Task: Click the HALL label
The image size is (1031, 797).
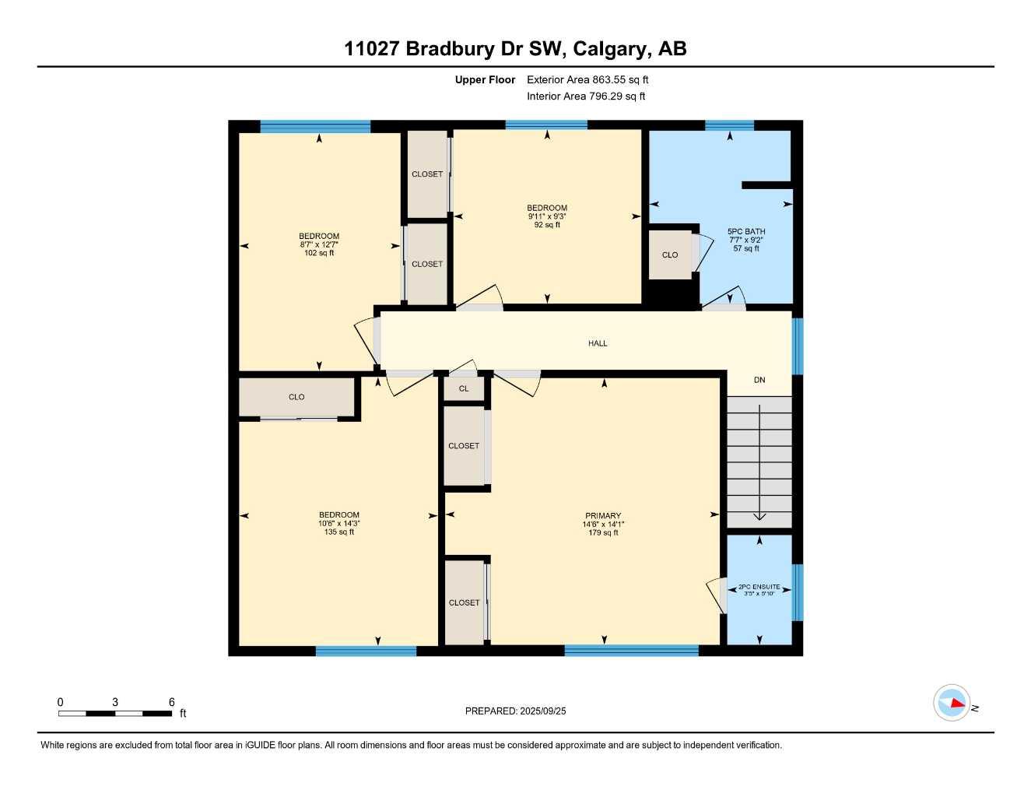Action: click(598, 343)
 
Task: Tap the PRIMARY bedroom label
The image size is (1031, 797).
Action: click(603, 515)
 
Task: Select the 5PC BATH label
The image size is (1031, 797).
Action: click(746, 231)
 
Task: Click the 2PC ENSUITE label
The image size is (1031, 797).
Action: click(759, 587)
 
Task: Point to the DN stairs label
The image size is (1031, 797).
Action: click(759, 380)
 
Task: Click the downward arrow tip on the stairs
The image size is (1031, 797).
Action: click(759, 518)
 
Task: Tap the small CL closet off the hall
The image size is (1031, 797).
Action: click(464, 388)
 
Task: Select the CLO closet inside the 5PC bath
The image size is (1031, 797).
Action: click(670, 255)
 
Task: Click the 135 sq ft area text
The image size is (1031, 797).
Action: click(339, 532)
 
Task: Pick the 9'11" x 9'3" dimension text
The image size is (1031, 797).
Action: click(547, 216)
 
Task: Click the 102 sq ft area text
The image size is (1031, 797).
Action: click(319, 253)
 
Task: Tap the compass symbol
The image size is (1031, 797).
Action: click(952, 703)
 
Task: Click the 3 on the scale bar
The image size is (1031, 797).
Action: click(115, 702)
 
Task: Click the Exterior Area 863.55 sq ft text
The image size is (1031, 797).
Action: click(587, 79)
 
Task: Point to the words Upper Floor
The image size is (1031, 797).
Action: click(485, 79)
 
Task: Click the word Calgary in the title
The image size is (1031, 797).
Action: click(611, 49)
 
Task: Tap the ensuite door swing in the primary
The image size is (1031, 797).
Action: click(715, 596)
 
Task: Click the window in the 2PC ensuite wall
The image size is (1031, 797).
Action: click(797, 592)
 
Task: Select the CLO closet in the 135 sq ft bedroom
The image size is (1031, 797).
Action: click(296, 397)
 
